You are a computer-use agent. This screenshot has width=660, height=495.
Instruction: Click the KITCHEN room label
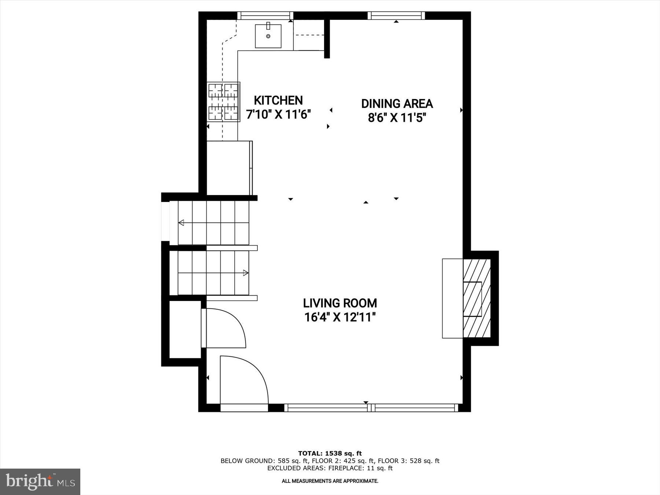click(278, 100)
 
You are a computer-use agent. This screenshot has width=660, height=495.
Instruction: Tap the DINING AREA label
click(397, 104)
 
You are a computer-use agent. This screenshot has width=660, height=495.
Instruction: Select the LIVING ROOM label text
click(340, 303)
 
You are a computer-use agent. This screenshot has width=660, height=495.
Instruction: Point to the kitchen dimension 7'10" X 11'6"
click(278, 114)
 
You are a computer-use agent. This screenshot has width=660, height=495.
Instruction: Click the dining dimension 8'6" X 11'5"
click(397, 118)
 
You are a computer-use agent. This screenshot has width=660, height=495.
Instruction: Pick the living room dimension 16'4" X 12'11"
click(340, 317)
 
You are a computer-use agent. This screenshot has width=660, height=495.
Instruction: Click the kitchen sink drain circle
click(268, 36)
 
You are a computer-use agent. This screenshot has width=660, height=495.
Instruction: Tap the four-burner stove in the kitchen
click(223, 102)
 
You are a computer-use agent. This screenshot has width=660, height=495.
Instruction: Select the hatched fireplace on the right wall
click(477, 298)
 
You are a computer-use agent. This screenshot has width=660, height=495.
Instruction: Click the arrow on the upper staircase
click(181, 223)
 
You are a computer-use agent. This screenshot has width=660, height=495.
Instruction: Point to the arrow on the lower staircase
click(246, 273)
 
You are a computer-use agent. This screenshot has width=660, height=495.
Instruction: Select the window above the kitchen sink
click(265, 15)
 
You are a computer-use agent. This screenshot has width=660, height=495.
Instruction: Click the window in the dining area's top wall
click(396, 15)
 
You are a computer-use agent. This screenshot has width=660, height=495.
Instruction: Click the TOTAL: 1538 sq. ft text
click(330, 454)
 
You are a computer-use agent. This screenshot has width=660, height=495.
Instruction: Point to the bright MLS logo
click(40, 481)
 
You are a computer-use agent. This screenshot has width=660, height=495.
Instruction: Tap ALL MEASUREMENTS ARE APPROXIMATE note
click(330, 481)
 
